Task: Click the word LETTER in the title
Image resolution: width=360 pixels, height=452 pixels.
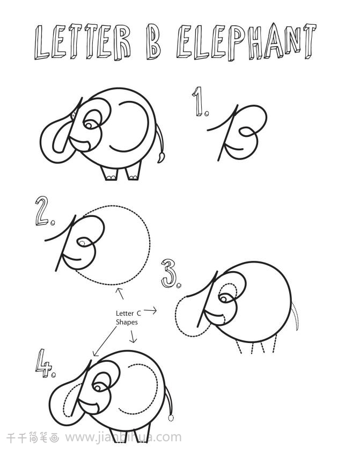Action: (x=83, y=42)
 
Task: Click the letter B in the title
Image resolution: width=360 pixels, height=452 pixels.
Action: (x=153, y=41)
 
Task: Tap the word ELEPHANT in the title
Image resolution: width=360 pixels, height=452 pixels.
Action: (x=246, y=42)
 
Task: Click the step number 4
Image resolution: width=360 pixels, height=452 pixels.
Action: (x=45, y=363)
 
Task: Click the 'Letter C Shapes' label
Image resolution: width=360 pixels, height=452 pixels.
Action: (x=128, y=317)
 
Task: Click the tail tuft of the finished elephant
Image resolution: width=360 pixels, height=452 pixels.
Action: (x=161, y=158)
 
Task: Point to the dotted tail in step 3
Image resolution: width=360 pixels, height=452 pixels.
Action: (x=296, y=316)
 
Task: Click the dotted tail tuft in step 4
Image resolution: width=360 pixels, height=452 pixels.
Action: (x=171, y=418)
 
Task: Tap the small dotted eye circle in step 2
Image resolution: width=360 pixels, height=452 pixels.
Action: (x=82, y=243)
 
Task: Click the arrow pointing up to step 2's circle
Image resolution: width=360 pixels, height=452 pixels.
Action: (x=120, y=293)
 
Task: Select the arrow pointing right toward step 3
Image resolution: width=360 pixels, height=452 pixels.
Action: (x=150, y=310)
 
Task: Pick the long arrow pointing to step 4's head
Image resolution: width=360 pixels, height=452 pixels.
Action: (x=105, y=341)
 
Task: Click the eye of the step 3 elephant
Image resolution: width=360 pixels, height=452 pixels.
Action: (x=224, y=298)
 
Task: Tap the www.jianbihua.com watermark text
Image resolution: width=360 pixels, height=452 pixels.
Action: (x=123, y=437)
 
